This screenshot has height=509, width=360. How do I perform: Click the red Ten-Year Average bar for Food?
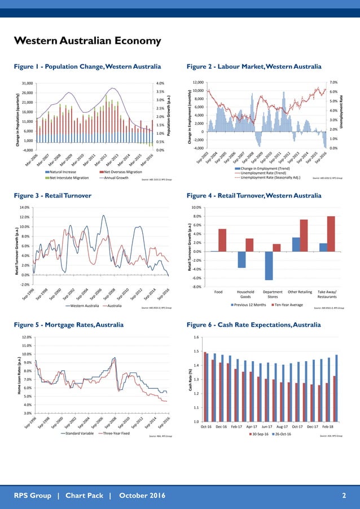click(222, 240)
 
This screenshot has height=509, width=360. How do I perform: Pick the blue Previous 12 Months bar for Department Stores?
click(269, 265)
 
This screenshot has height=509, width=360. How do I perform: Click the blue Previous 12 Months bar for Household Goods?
click(242, 260)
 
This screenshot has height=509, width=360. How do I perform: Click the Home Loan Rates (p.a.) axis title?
click(20, 375)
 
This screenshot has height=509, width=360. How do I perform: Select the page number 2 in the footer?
click(344, 495)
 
